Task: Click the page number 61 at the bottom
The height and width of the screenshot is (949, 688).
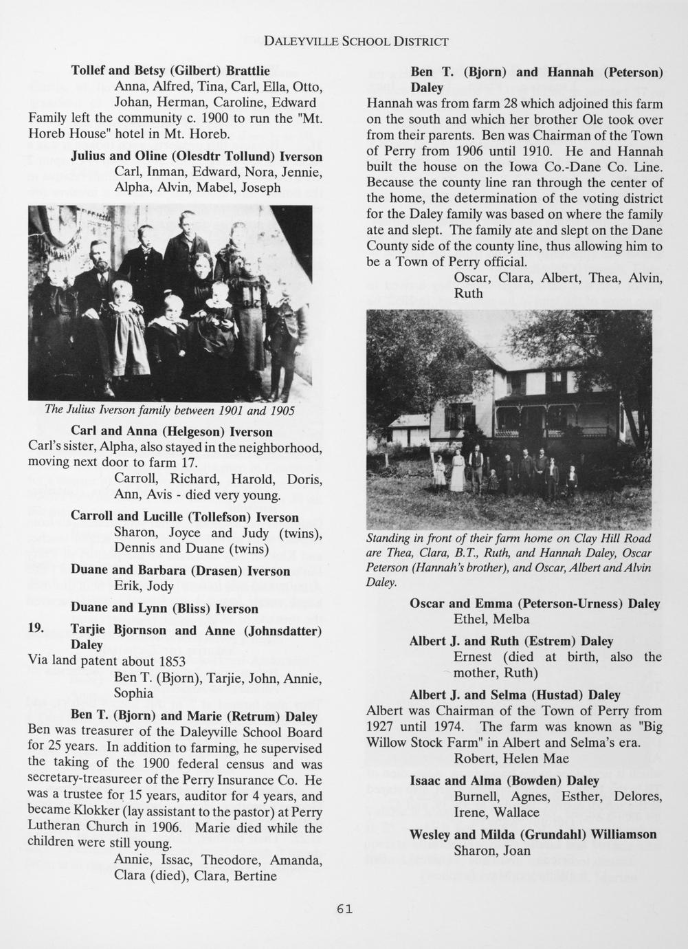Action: (x=344, y=909)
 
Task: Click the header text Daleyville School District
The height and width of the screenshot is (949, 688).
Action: (x=356, y=41)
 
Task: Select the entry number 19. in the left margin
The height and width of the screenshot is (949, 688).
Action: (x=36, y=629)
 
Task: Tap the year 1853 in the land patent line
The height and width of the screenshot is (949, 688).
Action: (x=171, y=662)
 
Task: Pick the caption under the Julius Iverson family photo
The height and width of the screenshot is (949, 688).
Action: (x=169, y=411)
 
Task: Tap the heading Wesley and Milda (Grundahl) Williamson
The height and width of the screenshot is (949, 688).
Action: (x=533, y=835)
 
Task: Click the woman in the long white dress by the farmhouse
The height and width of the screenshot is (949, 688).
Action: (x=457, y=471)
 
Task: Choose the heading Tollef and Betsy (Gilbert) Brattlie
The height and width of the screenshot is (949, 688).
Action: (x=170, y=71)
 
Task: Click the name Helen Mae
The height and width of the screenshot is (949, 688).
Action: (x=536, y=759)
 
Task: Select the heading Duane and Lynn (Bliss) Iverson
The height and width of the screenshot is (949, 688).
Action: (x=164, y=609)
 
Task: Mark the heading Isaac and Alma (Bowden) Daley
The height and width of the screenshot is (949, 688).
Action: (x=504, y=781)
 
